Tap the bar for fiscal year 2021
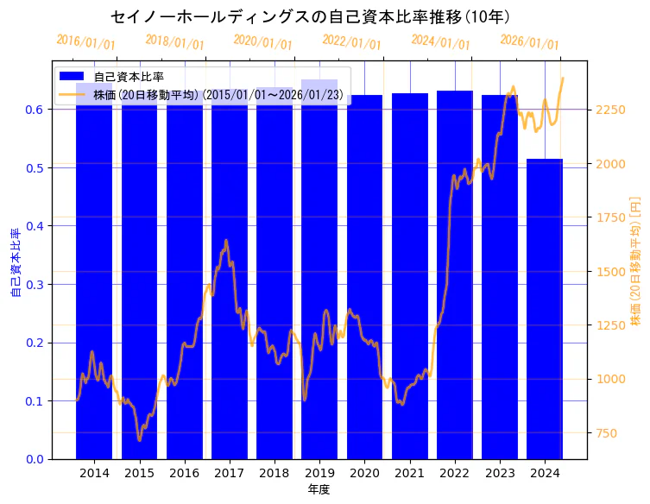(x=409, y=276)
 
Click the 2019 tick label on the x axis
(x=319, y=473)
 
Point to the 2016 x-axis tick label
(x=184, y=473)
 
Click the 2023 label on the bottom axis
(x=500, y=473)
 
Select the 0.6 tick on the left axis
(x=35, y=110)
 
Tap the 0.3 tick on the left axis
(x=35, y=285)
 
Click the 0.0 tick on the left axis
(x=35, y=459)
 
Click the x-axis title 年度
(x=319, y=489)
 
